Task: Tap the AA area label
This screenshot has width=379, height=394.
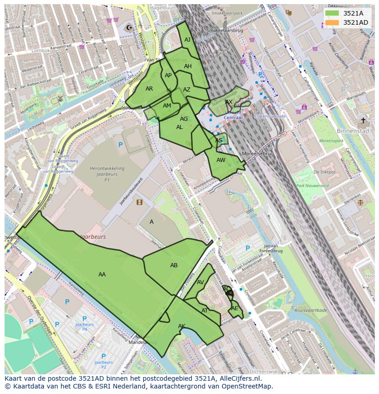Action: click(102, 275)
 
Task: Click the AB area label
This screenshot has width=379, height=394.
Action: click(174, 265)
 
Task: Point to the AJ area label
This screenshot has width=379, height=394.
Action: click(187, 40)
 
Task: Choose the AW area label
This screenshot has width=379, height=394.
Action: click(221, 160)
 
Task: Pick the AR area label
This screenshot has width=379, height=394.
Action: click(149, 89)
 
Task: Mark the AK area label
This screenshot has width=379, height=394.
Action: click(182, 326)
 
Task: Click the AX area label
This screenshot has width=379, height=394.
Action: click(229, 102)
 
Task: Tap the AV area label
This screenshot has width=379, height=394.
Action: click(200, 282)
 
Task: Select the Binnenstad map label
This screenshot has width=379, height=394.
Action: click(352, 130)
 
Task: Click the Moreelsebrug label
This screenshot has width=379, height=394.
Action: click(258, 154)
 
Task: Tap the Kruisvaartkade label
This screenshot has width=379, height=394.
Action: click(311, 310)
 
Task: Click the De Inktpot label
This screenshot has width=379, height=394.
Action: click(324, 172)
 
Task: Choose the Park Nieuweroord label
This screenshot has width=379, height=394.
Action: click(312, 186)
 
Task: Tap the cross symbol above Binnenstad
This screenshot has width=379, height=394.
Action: click(363, 121)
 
